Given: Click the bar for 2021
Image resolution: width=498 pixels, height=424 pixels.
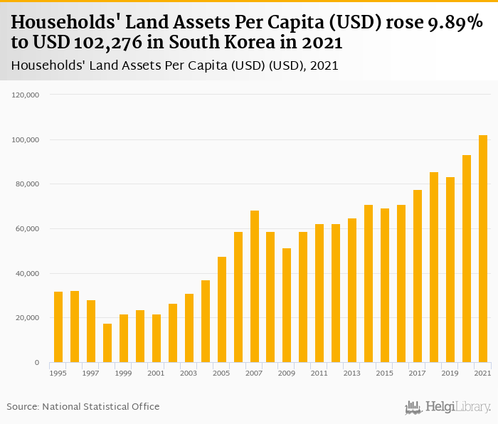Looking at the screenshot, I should point(483,249).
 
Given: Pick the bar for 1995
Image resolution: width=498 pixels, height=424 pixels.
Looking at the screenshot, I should point(58,327).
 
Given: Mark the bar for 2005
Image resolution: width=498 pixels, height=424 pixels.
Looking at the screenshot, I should point(222,309).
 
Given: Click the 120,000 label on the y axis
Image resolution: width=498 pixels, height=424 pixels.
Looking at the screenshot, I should point(26,95).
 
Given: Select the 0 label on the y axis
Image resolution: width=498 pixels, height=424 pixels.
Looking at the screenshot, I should point(37,363).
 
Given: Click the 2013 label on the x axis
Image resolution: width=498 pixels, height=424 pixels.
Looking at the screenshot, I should point(351,373).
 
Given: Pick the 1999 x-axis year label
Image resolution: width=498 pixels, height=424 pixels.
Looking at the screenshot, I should point(124,373).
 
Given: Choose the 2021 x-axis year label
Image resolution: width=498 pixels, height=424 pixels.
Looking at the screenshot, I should point(482,373).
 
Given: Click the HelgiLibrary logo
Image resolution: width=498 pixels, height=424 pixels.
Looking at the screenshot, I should point(448,408).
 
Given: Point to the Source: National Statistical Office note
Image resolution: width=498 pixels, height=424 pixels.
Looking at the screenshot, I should point(83,406).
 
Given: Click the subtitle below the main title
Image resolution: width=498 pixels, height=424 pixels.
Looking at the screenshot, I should point(175,65).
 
